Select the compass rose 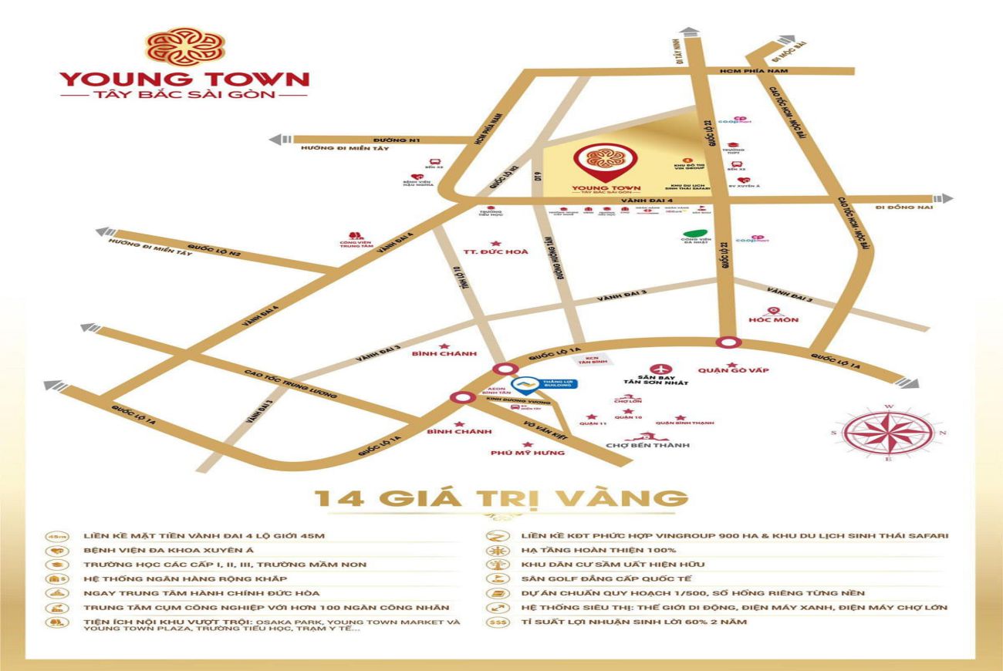887,432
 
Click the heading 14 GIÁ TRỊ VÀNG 501,498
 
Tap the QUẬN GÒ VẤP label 733,370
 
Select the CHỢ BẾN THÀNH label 647,445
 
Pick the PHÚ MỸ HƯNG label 528,453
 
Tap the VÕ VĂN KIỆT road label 540,415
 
